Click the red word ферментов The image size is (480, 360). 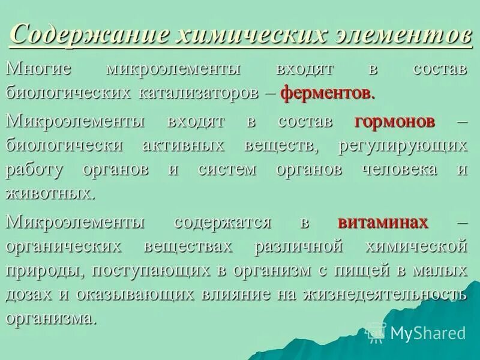click(x=328, y=94)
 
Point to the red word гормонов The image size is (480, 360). click(x=394, y=121)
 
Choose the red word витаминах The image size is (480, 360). click(x=383, y=223)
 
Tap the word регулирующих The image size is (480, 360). click(x=403, y=146)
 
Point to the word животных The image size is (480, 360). click(x=50, y=194)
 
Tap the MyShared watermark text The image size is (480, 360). click(x=427, y=333)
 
